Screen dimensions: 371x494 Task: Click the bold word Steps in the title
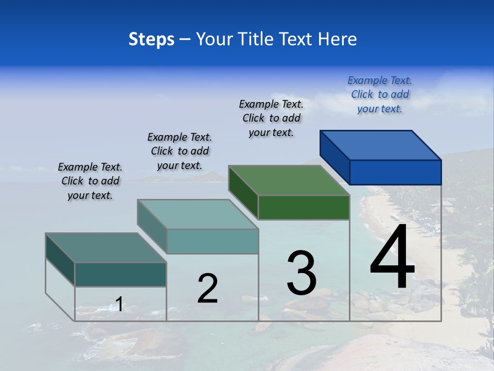click(151, 39)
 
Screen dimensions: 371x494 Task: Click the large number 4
click(392, 258)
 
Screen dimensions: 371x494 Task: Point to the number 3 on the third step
click(302, 273)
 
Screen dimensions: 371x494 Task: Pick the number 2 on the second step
click(207, 289)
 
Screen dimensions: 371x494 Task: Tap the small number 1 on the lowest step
click(119, 305)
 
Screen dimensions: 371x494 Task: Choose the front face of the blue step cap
click(395, 172)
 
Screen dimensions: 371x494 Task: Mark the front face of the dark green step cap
click(304, 207)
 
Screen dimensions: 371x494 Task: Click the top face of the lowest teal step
click(106, 248)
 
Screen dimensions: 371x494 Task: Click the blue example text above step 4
click(380, 95)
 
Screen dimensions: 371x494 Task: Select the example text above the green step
click(272, 119)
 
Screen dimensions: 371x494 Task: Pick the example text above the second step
click(180, 151)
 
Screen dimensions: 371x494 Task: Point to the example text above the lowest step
click(90, 181)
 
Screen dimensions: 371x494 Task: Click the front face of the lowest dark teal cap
click(120, 274)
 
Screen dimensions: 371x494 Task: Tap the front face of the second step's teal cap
click(212, 241)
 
